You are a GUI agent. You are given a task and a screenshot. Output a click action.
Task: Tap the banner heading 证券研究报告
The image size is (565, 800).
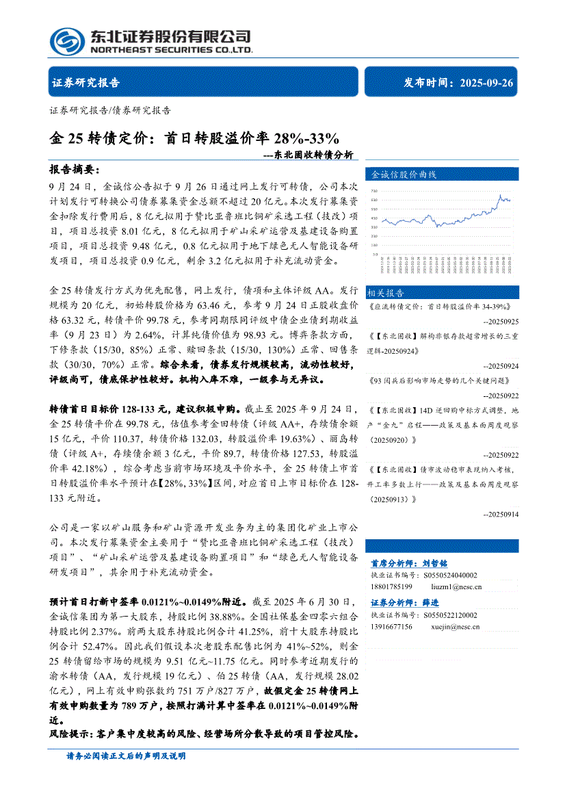click(86, 83)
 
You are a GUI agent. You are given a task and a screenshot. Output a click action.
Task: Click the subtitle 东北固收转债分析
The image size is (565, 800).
click(312, 155)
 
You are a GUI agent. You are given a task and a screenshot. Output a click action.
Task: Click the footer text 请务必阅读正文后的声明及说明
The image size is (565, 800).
click(126, 756)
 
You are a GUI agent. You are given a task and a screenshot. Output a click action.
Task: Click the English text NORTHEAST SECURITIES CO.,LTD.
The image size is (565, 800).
click(171, 50)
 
